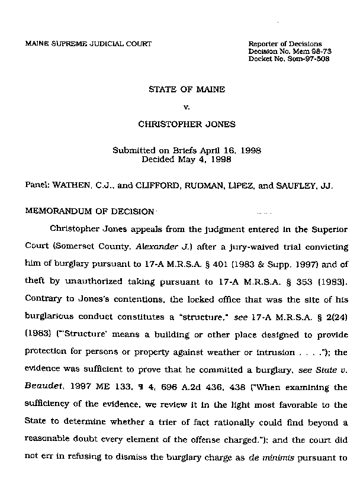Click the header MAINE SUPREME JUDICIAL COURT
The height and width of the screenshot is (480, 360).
(x=88, y=44)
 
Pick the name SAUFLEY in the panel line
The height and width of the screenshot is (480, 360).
(x=295, y=185)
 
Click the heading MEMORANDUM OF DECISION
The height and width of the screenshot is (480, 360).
(x=89, y=211)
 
